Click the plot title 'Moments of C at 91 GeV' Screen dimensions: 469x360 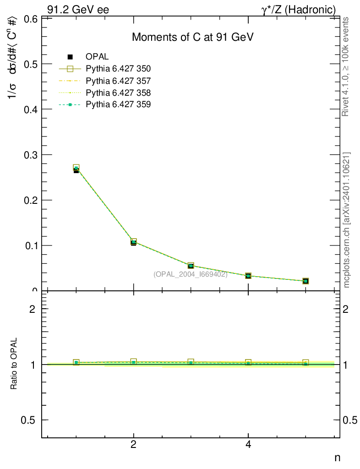192,38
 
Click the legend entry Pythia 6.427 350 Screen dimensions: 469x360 118,69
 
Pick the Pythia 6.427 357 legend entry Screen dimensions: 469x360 118,81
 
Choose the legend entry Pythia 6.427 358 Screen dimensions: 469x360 118,93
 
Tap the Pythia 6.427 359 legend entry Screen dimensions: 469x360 118,104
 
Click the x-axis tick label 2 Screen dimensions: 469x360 133,444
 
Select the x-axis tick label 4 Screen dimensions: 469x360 248,444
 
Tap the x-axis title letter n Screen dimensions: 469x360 337,457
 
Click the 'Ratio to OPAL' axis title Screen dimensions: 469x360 14,364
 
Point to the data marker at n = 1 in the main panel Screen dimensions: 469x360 76,169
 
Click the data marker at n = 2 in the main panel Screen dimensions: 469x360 133,242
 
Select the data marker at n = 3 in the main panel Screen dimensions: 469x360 191,266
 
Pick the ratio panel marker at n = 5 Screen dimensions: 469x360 305,363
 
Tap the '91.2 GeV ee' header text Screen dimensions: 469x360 78,10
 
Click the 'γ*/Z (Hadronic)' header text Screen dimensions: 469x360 298,10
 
